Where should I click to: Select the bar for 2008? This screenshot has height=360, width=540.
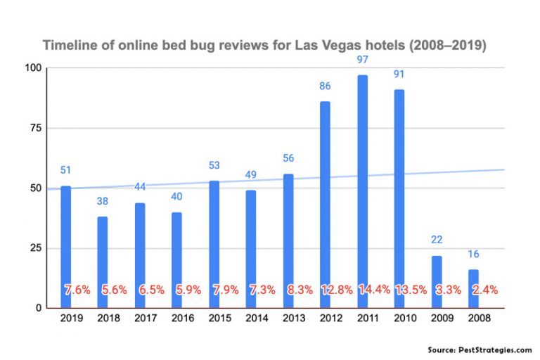(473, 281)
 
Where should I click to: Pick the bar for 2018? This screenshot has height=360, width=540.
(103, 253)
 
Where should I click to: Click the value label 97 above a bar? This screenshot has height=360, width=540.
(362, 60)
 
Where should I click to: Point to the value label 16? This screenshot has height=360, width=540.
(473, 254)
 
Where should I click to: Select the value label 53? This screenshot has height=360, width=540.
(214, 165)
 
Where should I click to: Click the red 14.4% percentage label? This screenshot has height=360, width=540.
(373, 289)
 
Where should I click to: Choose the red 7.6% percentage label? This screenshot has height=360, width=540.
(77, 289)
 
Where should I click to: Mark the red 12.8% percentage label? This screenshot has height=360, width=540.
(336, 289)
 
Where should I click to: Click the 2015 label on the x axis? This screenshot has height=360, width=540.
(214, 318)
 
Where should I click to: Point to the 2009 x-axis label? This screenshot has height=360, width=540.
(437, 318)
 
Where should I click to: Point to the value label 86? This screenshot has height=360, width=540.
(325, 86)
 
